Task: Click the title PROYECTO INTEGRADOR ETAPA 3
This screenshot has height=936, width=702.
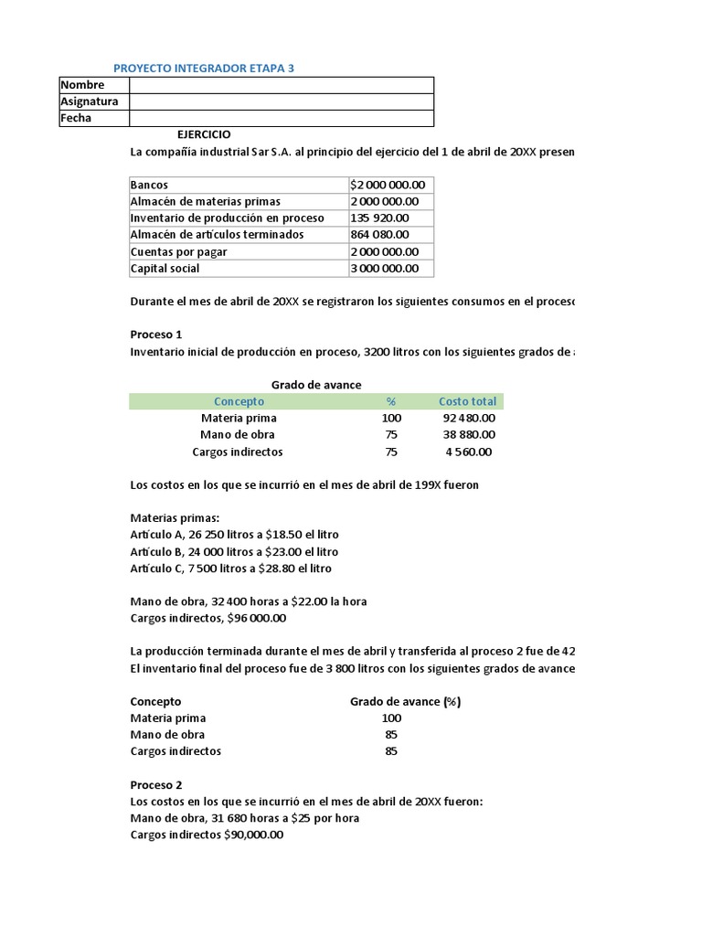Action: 204,69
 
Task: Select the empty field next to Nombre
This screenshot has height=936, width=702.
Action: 282,85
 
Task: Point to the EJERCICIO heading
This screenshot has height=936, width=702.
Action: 210,134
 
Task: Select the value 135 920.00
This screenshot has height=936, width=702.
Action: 380,218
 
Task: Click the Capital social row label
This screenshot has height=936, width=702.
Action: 165,268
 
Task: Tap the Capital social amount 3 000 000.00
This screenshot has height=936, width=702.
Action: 385,268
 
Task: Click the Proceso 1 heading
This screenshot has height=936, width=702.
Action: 156,335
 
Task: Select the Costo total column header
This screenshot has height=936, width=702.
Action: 467,401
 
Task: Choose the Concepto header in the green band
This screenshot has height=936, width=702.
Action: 239,401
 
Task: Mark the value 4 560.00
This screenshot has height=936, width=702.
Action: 470,452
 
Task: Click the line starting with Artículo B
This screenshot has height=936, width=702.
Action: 234,552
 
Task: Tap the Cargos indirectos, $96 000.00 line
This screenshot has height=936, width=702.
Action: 208,618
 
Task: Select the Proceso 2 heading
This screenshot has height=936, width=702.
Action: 156,785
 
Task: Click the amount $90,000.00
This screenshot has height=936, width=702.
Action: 253,835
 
